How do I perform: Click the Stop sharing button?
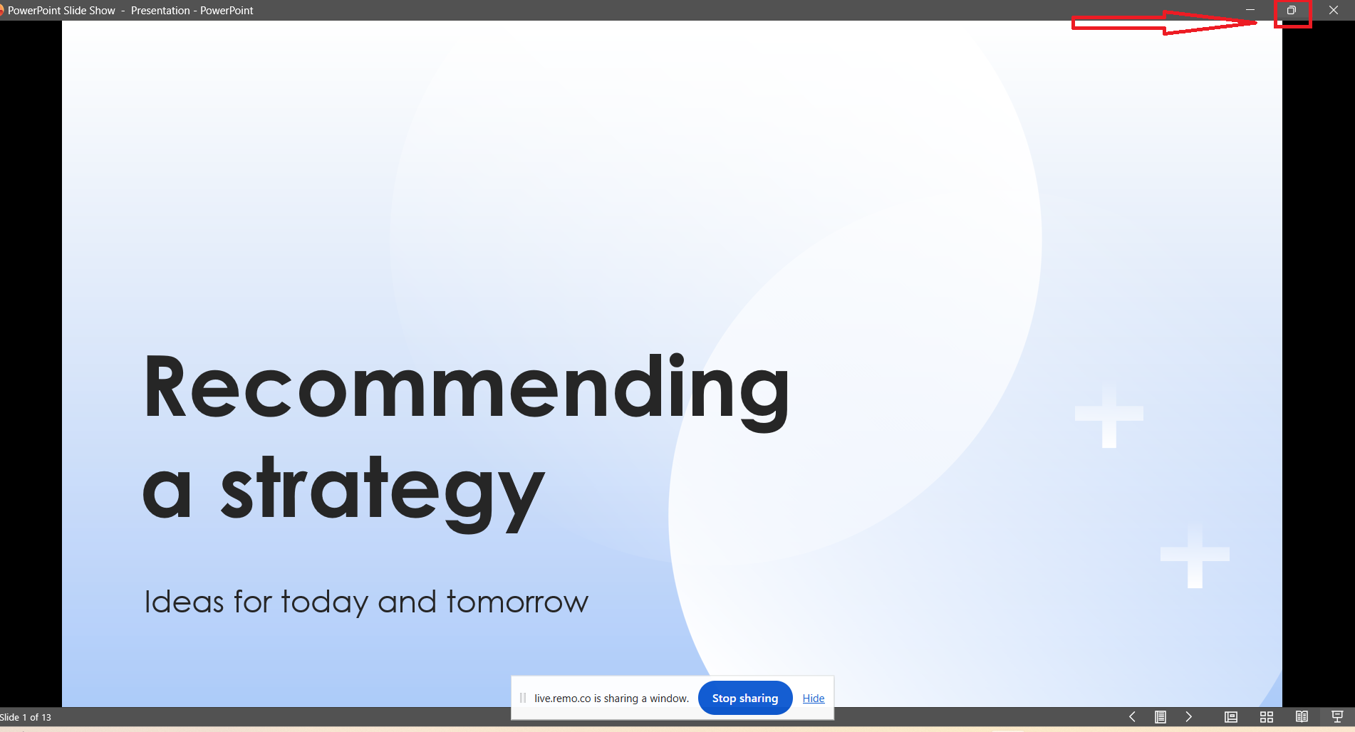(745, 698)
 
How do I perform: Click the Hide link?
(814, 699)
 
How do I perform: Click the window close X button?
(1334, 10)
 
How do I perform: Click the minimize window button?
(1250, 10)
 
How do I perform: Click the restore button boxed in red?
(1292, 10)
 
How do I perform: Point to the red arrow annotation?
(1164, 22)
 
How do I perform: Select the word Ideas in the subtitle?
(185, 602)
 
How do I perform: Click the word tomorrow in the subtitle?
(517, 602)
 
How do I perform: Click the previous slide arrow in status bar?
(1132, 717)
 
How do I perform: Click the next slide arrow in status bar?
(1188, 717)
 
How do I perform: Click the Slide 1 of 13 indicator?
(26, 717)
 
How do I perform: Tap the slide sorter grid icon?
(1267, 717)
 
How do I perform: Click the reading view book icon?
(1302, 717)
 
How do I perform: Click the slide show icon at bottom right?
(1337, 717)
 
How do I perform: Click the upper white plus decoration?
(1109, 414)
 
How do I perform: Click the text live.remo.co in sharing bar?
(563, 699)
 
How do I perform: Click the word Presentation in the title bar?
(160, 11)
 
